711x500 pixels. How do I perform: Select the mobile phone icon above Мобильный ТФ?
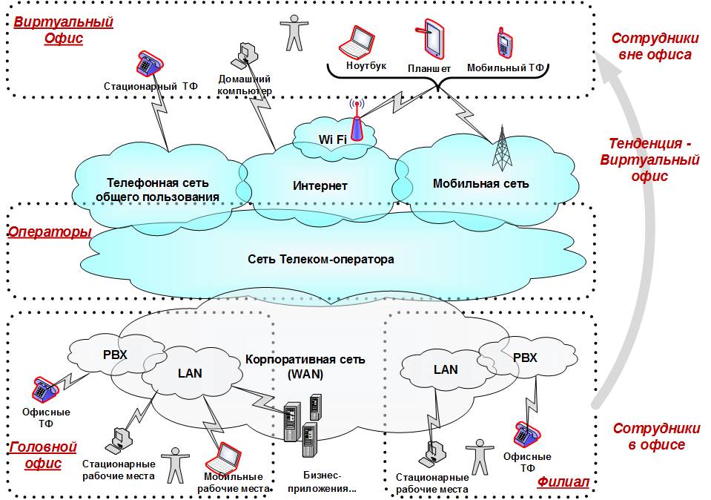pos(504,42)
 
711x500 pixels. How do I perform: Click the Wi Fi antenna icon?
pos(356,121)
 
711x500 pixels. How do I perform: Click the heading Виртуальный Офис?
pos(64,30)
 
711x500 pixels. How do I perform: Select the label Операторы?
pos(49,232)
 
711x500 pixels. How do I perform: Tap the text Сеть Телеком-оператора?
pos(320,260)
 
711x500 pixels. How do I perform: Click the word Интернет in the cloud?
pos(320,185)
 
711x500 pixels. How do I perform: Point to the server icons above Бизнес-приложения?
pos(305,427)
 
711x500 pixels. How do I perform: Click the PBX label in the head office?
pos(115,355)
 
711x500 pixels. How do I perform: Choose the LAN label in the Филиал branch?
pos(446,369)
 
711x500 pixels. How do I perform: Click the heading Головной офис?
pos(42,455)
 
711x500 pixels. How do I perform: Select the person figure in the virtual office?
pos(295,33)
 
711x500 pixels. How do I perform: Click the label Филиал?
pos(563,482)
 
